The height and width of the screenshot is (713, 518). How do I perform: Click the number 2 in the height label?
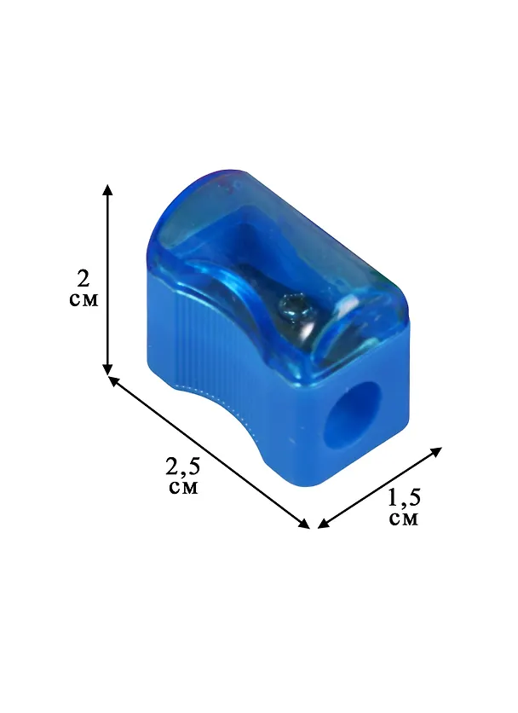(83, 279)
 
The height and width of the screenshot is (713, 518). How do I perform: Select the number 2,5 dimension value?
(182, 466)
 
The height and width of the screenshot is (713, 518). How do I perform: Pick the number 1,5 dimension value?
(404, 497)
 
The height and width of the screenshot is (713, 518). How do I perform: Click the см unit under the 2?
(84, 299)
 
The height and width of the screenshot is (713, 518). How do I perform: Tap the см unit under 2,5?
(183, 487)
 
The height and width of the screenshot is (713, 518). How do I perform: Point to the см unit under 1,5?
(404, 519)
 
